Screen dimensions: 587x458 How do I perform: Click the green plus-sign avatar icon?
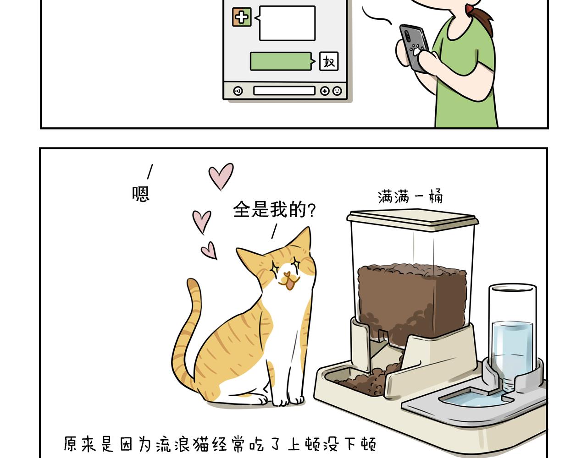click(242, 17)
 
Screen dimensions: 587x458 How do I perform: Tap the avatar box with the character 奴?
click(328, 61)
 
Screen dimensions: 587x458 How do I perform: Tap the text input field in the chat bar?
click(284, 91)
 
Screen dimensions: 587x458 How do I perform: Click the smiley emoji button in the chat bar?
click(337, 91)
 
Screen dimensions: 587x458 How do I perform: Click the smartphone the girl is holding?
click(414, 48)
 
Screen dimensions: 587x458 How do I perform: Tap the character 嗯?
click(140, 193)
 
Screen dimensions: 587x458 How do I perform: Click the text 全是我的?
click(274, 209)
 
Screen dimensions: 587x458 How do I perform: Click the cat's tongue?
click(289, 284)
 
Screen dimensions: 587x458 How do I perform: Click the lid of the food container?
click(412, 218)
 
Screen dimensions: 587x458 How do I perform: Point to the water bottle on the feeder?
click(512, 337)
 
